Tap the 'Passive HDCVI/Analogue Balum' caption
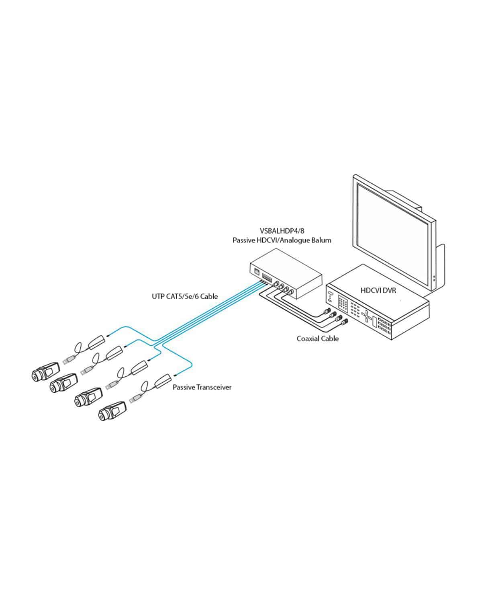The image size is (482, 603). [282, 240]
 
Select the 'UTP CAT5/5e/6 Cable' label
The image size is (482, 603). [185, 296]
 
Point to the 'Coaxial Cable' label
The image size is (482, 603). [317, 338]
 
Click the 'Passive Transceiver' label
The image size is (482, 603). [202, 387]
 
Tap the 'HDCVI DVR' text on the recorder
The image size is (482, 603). [378, 289]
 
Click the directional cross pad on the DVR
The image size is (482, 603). [367, 317]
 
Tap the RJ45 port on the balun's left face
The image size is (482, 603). [256, 271]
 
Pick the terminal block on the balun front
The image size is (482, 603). [266, 278]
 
